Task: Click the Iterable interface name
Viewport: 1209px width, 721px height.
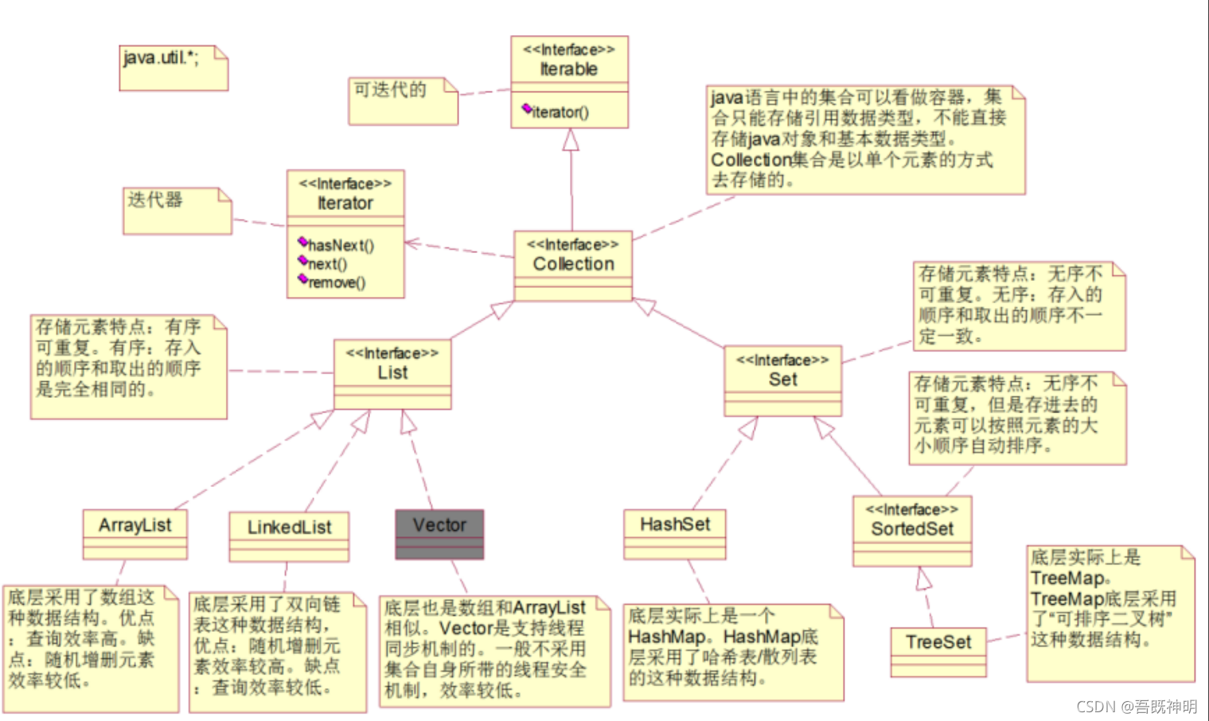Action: coord(568,69)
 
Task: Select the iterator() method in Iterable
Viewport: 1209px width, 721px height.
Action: coord(560,112)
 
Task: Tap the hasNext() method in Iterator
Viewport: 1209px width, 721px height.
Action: coord(340,245)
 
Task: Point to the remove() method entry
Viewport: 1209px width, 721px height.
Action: coord(336,283)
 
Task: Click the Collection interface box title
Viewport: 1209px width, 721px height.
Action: coord(573,263)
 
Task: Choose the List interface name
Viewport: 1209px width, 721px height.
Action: coord(392,372)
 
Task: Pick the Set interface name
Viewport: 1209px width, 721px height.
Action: coord(782,380)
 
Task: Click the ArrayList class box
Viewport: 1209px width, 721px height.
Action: coord(135,525)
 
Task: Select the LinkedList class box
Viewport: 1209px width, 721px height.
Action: coord(289,528)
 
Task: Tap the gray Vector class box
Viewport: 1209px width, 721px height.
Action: coord(439,526)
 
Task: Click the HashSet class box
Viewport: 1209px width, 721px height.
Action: coord(675,524)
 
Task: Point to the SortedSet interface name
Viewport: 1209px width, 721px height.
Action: coord(912,529)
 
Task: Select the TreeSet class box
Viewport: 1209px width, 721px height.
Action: coord(938,642)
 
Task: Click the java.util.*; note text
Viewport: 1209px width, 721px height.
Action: coord(161,58)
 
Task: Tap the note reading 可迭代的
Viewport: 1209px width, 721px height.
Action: coord(390,90)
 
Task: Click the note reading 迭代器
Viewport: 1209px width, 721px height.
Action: coord(155,200)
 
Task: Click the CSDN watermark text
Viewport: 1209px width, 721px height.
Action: coord(1137,707)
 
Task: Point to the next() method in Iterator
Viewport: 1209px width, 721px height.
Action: coord(327,264)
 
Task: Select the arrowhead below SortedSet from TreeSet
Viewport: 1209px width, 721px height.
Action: coord(922,579)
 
